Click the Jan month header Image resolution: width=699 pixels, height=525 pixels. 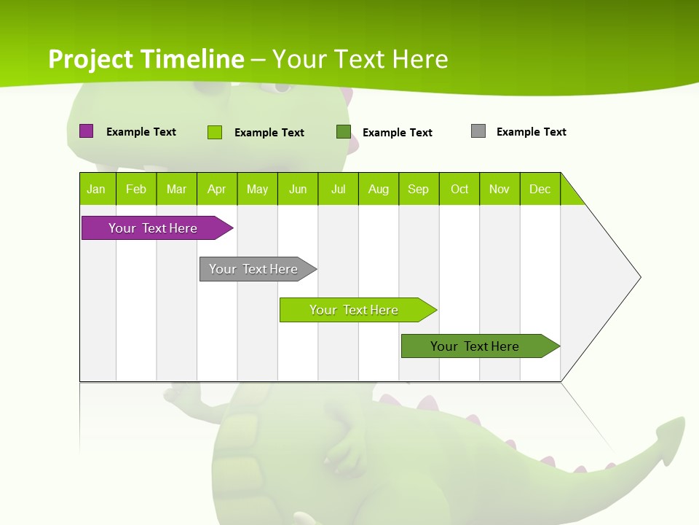[x=97, y=189]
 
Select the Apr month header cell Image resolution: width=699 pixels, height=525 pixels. [x=217, y=189]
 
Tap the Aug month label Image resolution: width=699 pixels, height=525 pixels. [x=379, y=189]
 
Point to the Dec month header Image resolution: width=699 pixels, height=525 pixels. [x=540, y=189]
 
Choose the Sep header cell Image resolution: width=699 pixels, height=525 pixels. [x=419, y=189]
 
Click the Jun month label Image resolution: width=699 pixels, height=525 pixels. [x=298, y=189]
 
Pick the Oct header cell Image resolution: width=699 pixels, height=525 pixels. [x=459, y=189]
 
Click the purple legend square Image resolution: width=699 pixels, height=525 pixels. [x=86, y=131]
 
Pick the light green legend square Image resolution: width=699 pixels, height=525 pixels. [x=215, y=132]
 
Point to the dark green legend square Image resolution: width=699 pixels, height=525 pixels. [x=344, y=132]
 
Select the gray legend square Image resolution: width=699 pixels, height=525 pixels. [x=478, y=131]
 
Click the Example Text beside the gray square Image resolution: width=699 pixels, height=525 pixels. [x=531, y=132]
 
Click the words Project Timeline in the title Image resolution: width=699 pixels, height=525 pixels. [x=146, y=59]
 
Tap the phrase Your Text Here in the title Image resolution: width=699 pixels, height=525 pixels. [x=360, y=59]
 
